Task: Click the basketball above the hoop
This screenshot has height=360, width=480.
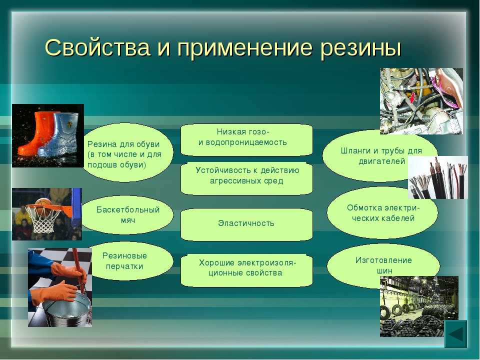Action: (43, 202)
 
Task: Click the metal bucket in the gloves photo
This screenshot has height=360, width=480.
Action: (67, 308)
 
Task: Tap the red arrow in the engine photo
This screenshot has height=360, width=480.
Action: (412, 98)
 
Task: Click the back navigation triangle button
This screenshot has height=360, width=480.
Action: (455, 334)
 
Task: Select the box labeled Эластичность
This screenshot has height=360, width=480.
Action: (246, 224)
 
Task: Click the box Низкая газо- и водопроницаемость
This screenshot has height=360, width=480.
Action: (246, 139)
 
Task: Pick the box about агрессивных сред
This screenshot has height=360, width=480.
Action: (246, 178)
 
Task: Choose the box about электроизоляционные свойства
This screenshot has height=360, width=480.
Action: (246, 270)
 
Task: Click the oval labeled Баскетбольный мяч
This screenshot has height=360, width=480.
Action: (127, 215)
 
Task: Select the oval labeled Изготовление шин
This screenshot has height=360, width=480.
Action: (383, 265)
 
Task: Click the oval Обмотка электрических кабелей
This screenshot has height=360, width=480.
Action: (382, 212)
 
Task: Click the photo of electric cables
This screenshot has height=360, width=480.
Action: (438, 177)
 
